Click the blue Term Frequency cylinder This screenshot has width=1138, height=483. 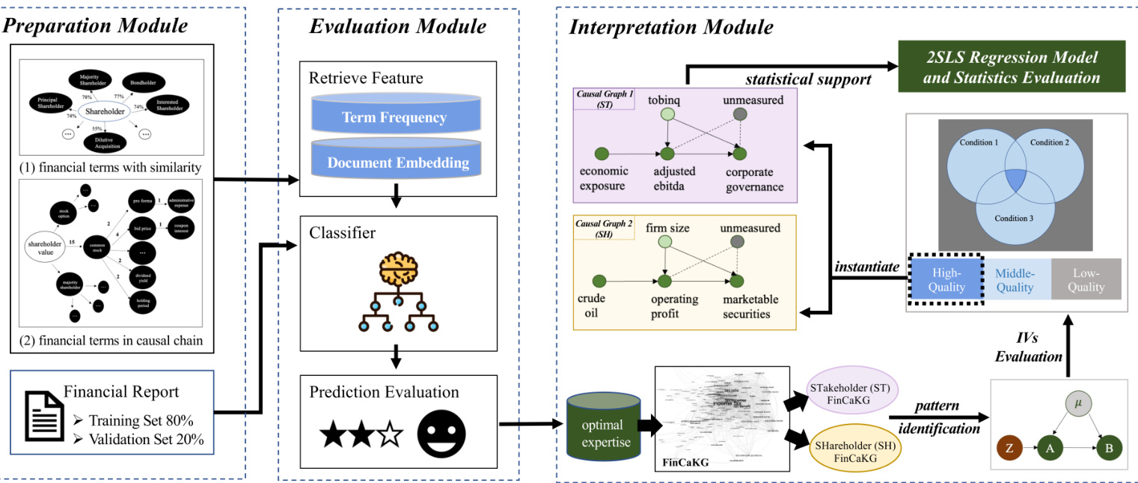pos(394,117)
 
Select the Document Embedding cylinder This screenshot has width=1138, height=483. pos(394,162)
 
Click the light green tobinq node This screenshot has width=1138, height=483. pos(668,115)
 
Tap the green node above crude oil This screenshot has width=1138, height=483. pos(599,281)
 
